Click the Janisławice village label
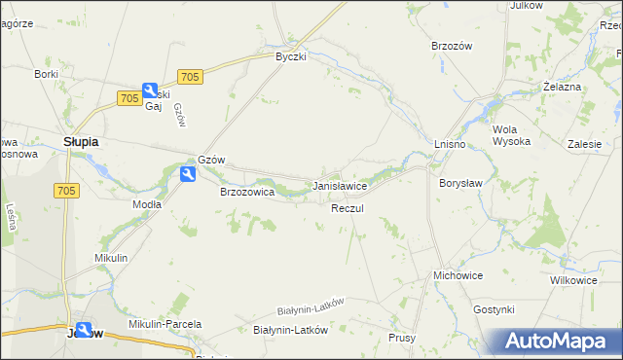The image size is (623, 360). tap(339, 185)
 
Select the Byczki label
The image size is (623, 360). tap(290, 56)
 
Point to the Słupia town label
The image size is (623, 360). tap(81, 141)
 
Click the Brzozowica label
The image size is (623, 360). tap(247, 193)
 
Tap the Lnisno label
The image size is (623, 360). tap(450, 144)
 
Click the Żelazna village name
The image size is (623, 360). tap(562, 87)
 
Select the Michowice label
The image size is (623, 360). tap(458, 275)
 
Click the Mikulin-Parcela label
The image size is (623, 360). tap(165, 324)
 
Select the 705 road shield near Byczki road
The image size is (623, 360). tap(190, 77)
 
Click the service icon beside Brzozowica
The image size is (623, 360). tap(188, 174)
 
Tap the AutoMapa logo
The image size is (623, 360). tap(559, 341)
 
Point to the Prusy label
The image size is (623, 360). tap(402, 338)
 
